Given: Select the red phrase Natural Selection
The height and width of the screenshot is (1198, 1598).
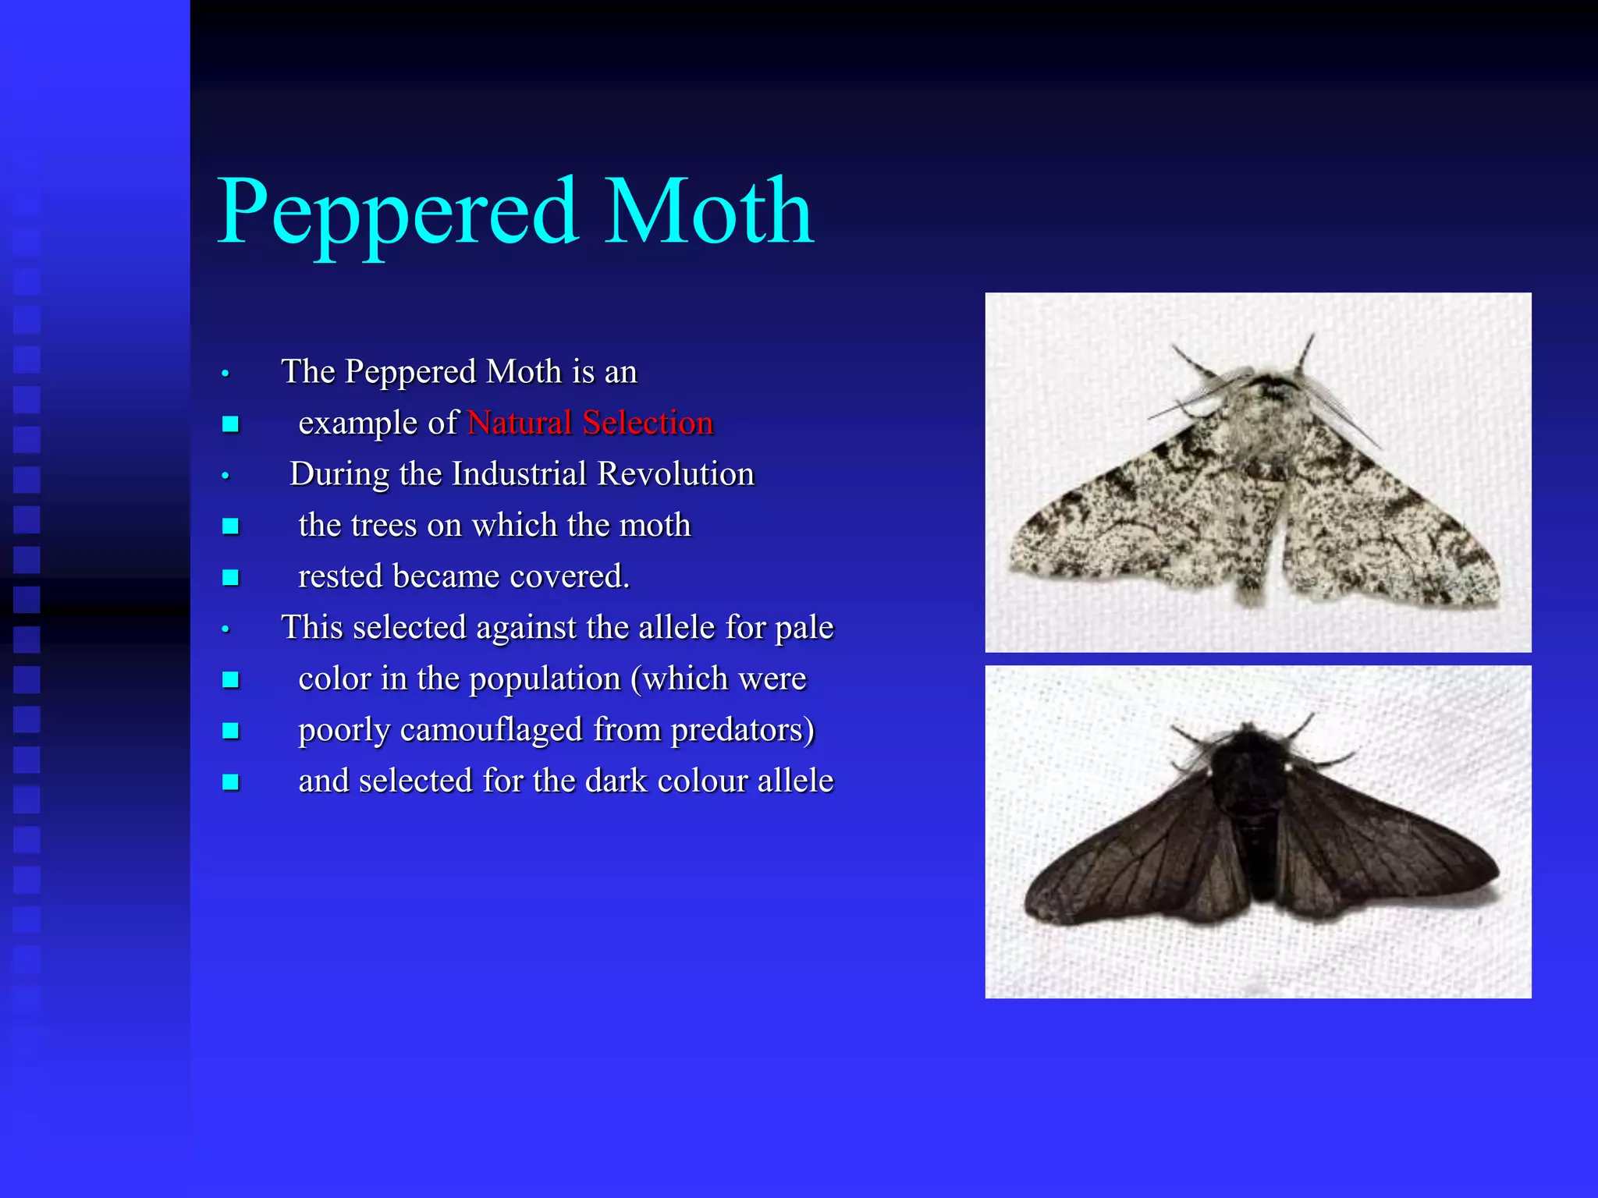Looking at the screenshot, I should coord(590,423).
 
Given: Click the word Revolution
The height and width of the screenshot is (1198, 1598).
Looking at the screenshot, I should coord(676,474).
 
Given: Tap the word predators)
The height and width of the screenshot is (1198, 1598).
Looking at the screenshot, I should coord(743,730).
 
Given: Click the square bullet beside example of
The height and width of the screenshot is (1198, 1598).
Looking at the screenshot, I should coord(230,424).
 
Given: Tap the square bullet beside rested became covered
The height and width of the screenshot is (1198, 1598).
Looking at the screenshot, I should coord(230,578).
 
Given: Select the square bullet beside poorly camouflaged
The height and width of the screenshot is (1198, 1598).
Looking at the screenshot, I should coord(230,731).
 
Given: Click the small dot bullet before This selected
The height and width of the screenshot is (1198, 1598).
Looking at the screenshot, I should coord(225,629).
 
